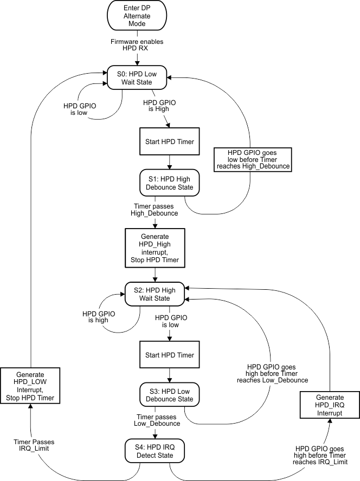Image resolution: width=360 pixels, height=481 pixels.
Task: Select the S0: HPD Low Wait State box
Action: [x=138, y=78]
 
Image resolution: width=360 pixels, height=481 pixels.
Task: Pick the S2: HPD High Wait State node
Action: [x=155, y=294]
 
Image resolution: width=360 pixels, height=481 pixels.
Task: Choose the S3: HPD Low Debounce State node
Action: [x=170, y=395]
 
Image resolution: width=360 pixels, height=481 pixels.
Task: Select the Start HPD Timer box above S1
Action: [x=170, y=142]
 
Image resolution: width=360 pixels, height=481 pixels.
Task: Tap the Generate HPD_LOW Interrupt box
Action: [x=30, y=386]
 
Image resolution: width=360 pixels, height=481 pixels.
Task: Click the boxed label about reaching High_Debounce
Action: [x=253, y=159]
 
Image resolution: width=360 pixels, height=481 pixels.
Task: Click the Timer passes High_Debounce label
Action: [x=155, y=210]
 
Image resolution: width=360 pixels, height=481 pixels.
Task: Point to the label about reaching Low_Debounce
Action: [x=272, y=373]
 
